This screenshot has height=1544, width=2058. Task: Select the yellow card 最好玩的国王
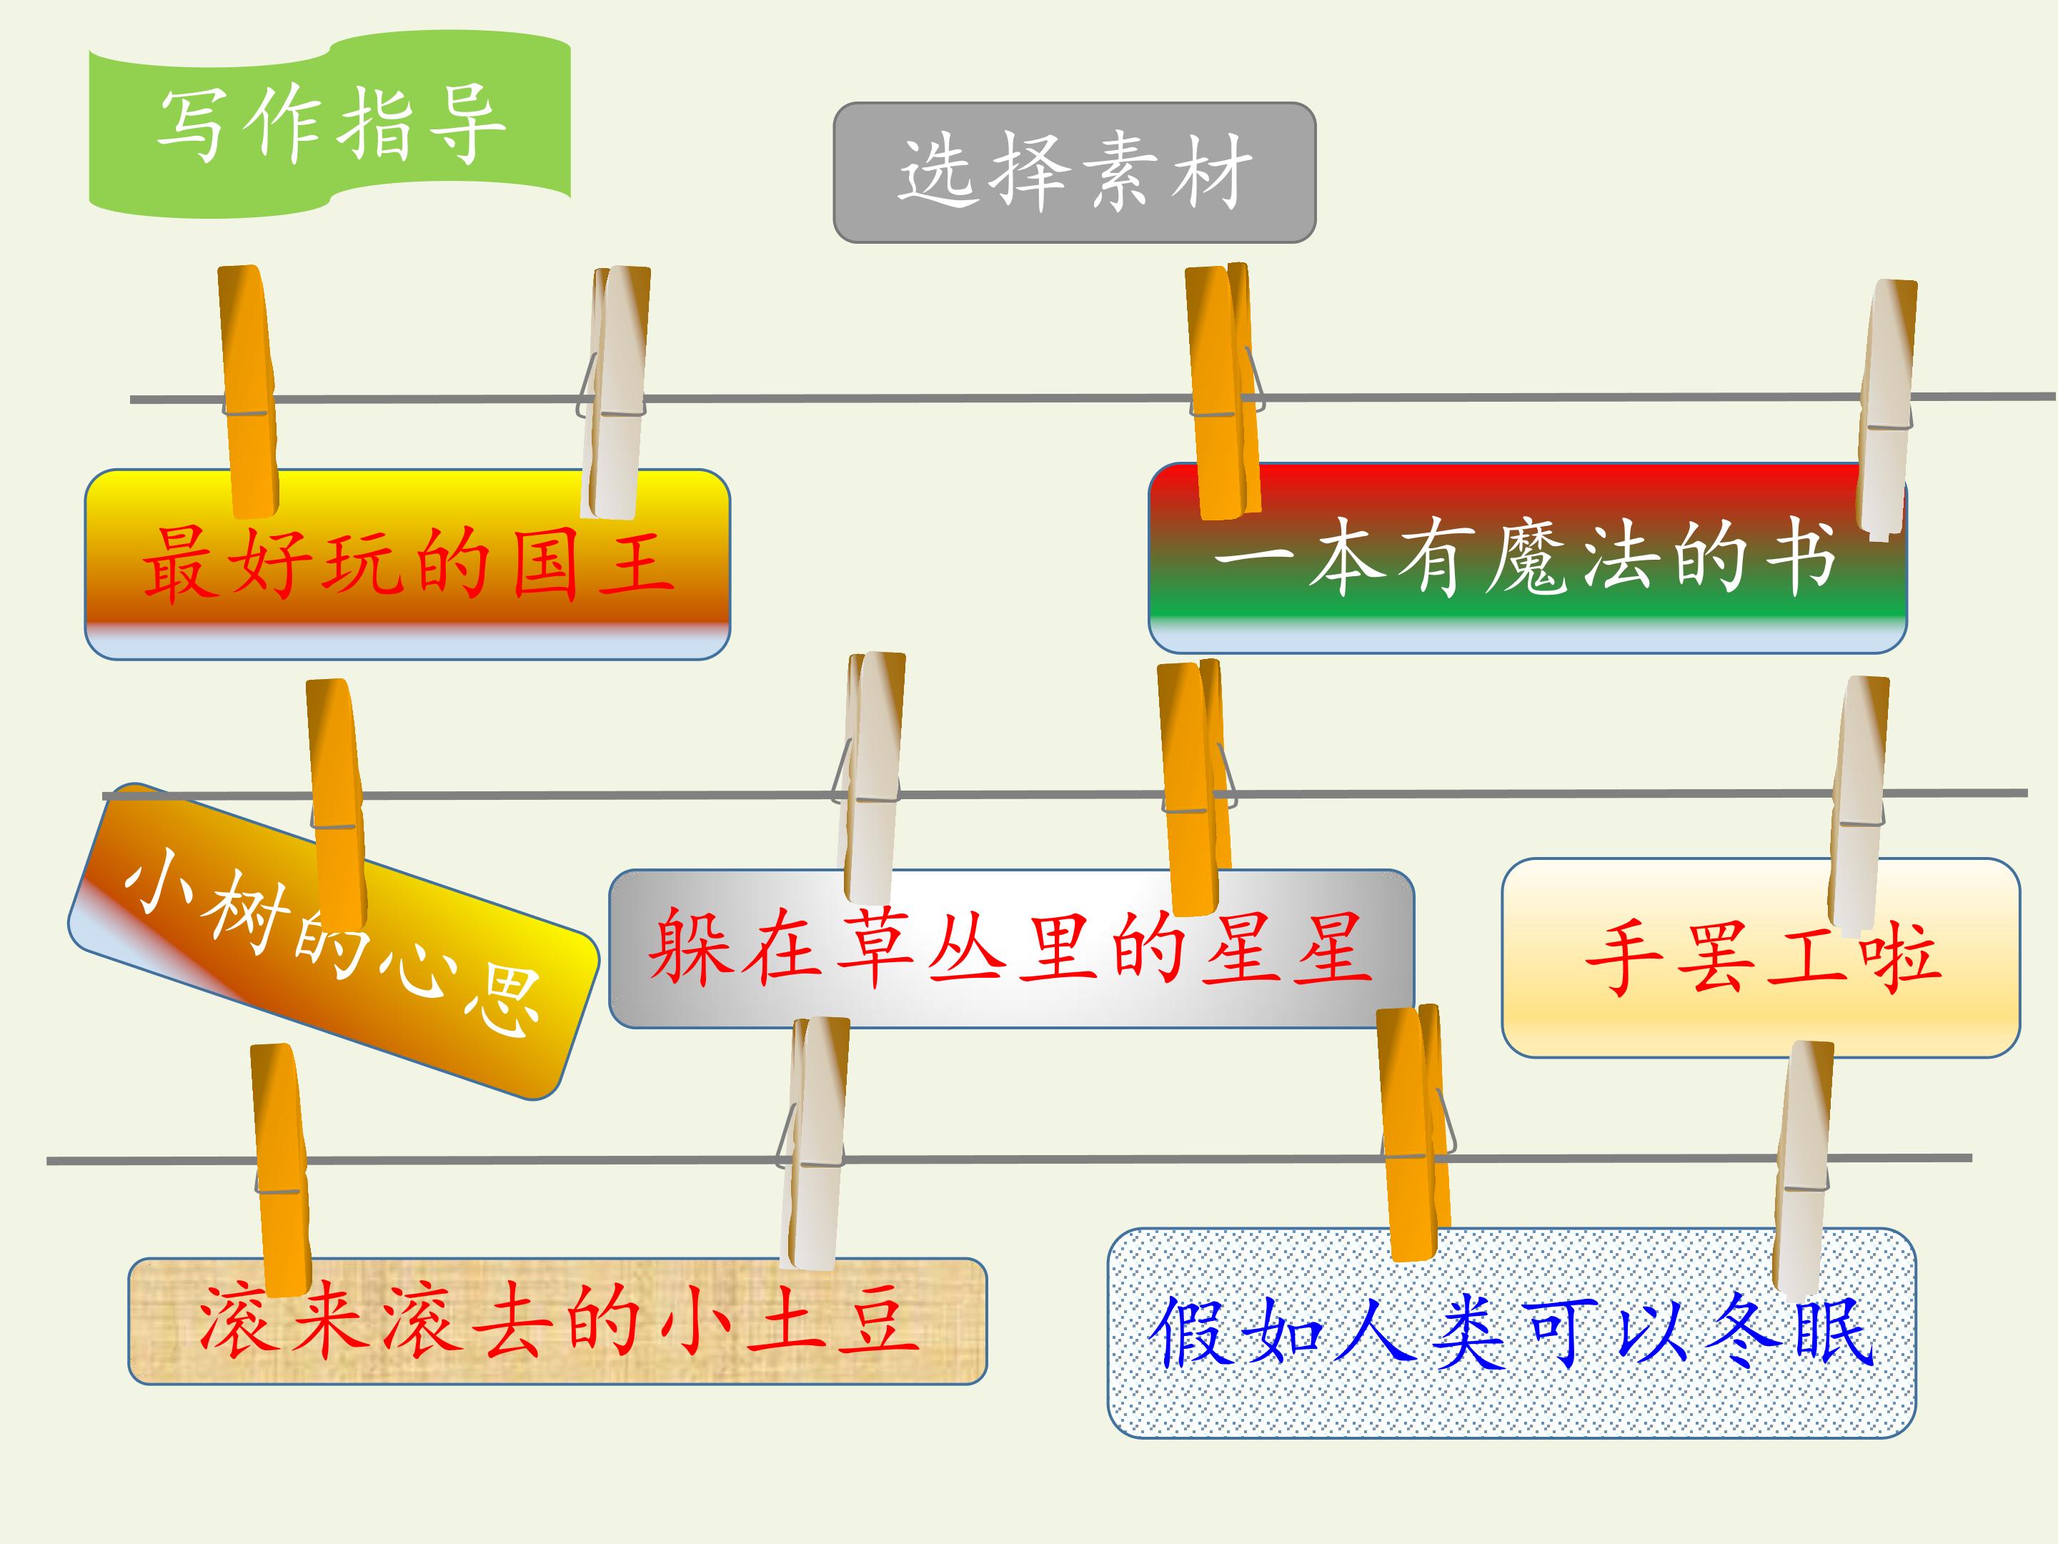coord(407,565)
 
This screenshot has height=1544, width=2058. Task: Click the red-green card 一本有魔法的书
coord(1527,558)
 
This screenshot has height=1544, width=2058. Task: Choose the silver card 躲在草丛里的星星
coord(1011,949)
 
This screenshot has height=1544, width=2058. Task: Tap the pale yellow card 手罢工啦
coord(1761,958)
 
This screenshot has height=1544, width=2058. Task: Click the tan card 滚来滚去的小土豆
coord(557,1322)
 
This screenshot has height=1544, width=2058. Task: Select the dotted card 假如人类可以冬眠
coord(1512,1332)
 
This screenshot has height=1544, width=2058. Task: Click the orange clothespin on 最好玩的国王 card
coord(249,391)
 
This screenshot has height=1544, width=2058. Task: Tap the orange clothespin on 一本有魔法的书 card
coord(1224,391)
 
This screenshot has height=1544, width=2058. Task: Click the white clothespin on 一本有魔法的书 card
coord(1886,410)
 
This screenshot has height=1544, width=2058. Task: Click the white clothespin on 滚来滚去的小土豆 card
coord(813,1143)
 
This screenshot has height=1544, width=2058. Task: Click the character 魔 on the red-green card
coord(1525,558)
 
